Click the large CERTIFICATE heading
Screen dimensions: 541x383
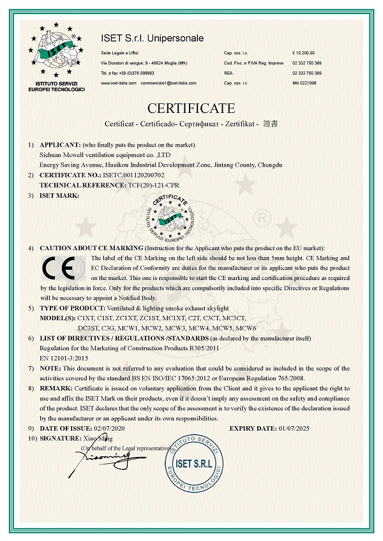[191, 107]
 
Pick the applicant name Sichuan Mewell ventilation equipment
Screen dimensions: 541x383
[102, 154]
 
